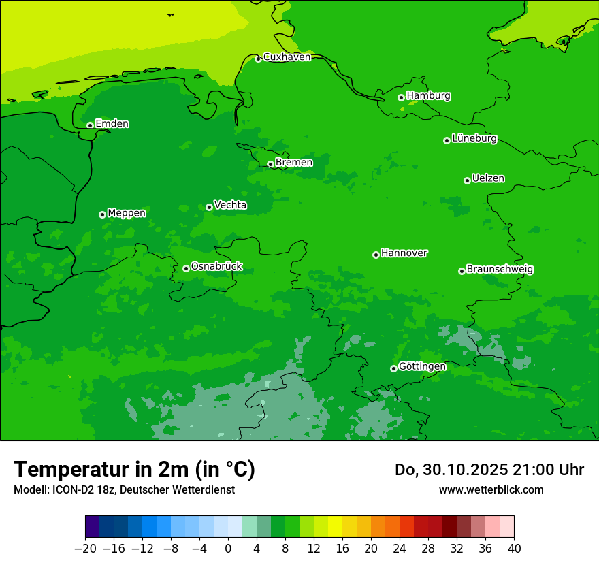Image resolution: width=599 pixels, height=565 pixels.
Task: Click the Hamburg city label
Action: [x=428, y=96]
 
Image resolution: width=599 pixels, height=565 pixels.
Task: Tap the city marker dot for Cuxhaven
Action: [x=258, y=59]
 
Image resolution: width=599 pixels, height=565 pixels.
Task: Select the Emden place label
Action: [x=112, y=124]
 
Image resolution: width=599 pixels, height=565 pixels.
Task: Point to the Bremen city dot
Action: [x=270, y=164]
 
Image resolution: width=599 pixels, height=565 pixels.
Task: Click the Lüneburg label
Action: [x=474, y=139]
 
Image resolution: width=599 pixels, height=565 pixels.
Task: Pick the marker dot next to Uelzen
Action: [x=467, y=180]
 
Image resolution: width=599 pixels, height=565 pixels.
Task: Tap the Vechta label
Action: [x=230, y=205]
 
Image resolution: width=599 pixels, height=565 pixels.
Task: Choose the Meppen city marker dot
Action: [x=102, y=214]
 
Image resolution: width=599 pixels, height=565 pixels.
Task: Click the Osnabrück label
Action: [x=216, y=267]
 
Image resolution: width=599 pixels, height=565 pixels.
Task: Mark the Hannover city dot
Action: [x=376, y=255]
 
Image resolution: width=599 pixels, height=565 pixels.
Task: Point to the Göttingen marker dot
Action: [x=393, y=368]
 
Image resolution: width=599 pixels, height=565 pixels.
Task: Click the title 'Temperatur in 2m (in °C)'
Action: [x=134, y=469]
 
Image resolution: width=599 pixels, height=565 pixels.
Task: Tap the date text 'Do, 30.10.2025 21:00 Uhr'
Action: [x=489, y=470]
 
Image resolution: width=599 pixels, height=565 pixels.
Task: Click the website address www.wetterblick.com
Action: [x=491, y=489]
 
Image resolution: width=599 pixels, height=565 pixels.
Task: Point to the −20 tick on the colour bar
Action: [x=85, y=549]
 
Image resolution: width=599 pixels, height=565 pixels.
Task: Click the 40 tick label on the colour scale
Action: [x=514, y=549]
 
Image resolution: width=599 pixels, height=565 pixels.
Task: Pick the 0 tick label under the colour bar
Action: [x=228, y=549]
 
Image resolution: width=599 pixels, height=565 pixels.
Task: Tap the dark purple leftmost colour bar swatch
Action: [x=92, y=527]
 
